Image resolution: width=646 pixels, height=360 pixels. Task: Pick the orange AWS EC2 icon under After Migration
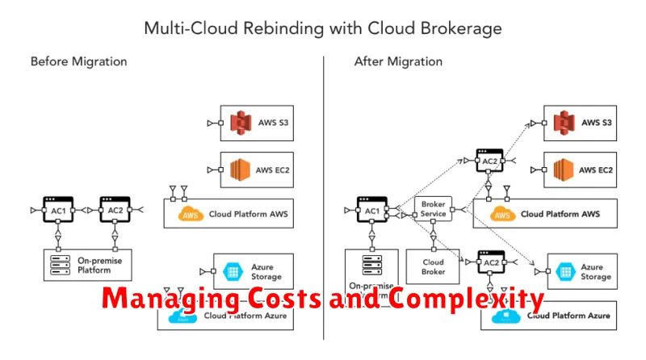click(563, 170)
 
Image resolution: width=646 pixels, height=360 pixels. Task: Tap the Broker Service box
click(433, 209)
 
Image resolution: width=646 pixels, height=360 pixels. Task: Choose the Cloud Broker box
click(433, 267)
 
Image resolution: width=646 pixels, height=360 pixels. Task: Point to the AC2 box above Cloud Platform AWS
click(489, 160)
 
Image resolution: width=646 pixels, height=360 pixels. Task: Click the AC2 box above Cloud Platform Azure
click(489, 262)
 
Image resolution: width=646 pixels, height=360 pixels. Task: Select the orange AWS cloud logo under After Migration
click(502, 214)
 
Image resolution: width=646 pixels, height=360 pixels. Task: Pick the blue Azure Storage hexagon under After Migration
click(562, 271)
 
